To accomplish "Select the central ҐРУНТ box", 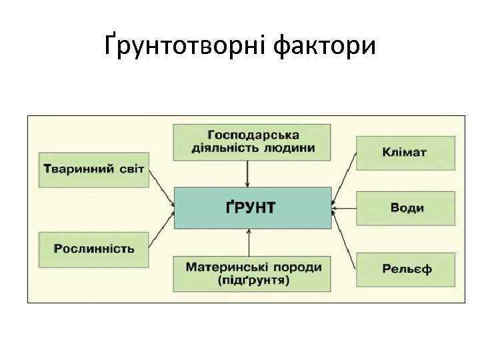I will click(253, 208).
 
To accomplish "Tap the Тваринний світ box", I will click(93, 167).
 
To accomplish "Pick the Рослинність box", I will click(93, 249).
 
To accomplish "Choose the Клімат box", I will click(405, 153).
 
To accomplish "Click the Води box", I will click(406, 208).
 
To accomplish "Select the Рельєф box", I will click(406, 269).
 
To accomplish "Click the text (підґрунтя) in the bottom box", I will click(253, 281).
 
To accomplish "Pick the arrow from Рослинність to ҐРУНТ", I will click(161, 229).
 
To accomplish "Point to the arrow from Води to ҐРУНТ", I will click(344, 208).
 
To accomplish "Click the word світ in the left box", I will click(131, 167).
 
